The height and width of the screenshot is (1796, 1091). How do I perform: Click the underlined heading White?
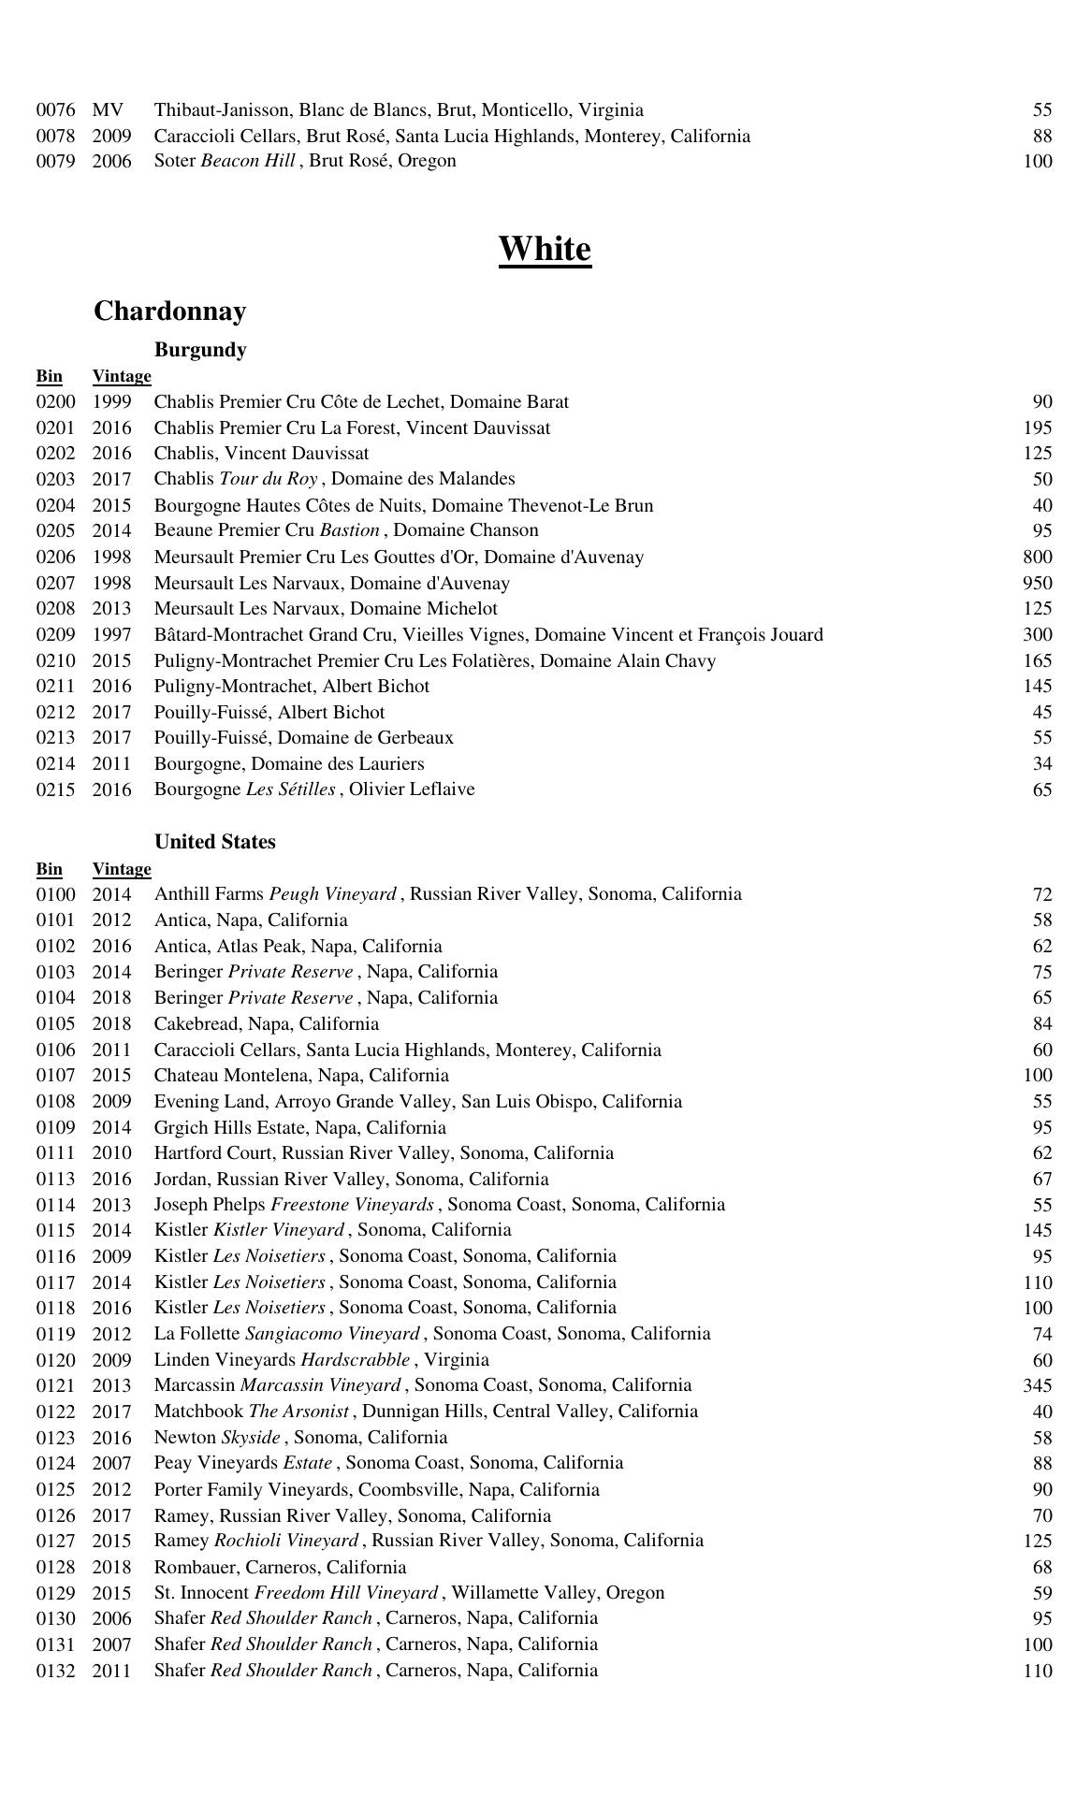click(545, 250)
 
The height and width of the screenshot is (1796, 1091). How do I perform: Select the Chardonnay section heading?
click(169, 311)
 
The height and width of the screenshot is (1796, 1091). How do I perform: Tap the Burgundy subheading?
click(200, 350)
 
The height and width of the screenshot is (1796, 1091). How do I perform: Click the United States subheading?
click(215, 842)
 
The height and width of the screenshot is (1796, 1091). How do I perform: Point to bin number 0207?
click(55, 584)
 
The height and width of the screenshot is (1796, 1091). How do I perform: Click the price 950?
click(1038, 584)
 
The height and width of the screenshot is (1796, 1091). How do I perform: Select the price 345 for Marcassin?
click(1038, 1385)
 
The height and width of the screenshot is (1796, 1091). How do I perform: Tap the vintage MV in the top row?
click(108, 110)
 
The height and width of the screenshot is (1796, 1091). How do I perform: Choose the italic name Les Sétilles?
click(290, 789)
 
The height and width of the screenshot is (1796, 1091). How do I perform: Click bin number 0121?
click(55, 1385)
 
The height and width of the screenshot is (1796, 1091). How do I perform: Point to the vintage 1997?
click(111, 635)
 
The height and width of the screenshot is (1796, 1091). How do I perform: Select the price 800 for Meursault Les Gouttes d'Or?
click(1038, 558)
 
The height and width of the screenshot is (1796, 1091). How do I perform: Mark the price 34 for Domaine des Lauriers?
click(1042, 764)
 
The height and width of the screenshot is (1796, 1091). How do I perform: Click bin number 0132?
click(55, 1671)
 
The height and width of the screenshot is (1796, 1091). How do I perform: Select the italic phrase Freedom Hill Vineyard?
click(345, 1593)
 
